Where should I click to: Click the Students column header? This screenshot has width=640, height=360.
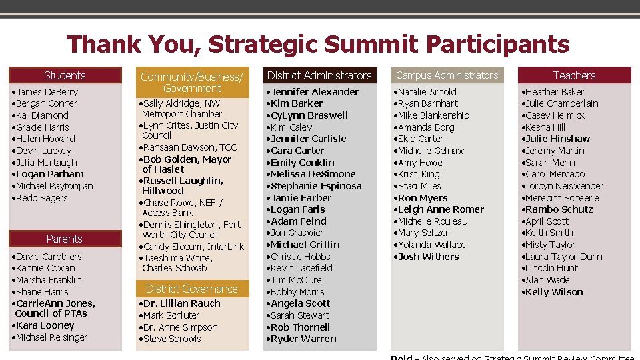[x=65, y=75]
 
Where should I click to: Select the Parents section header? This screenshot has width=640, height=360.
[x=65, y=239]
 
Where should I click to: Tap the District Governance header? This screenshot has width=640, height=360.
[x=191, y=289]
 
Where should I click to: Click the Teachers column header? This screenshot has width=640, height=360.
[x=574, y=75]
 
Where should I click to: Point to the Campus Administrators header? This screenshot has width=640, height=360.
[x=447, y=75]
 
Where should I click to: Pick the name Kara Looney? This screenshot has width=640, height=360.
[x=45, y=325]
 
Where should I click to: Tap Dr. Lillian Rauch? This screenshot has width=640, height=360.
[x=182, y=303]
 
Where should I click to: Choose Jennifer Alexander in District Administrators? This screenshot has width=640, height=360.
[x=315, y=92]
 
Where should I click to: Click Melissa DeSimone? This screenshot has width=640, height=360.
[x=313, y=174]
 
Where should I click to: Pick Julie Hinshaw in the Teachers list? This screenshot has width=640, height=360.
[x=558, y=139]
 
